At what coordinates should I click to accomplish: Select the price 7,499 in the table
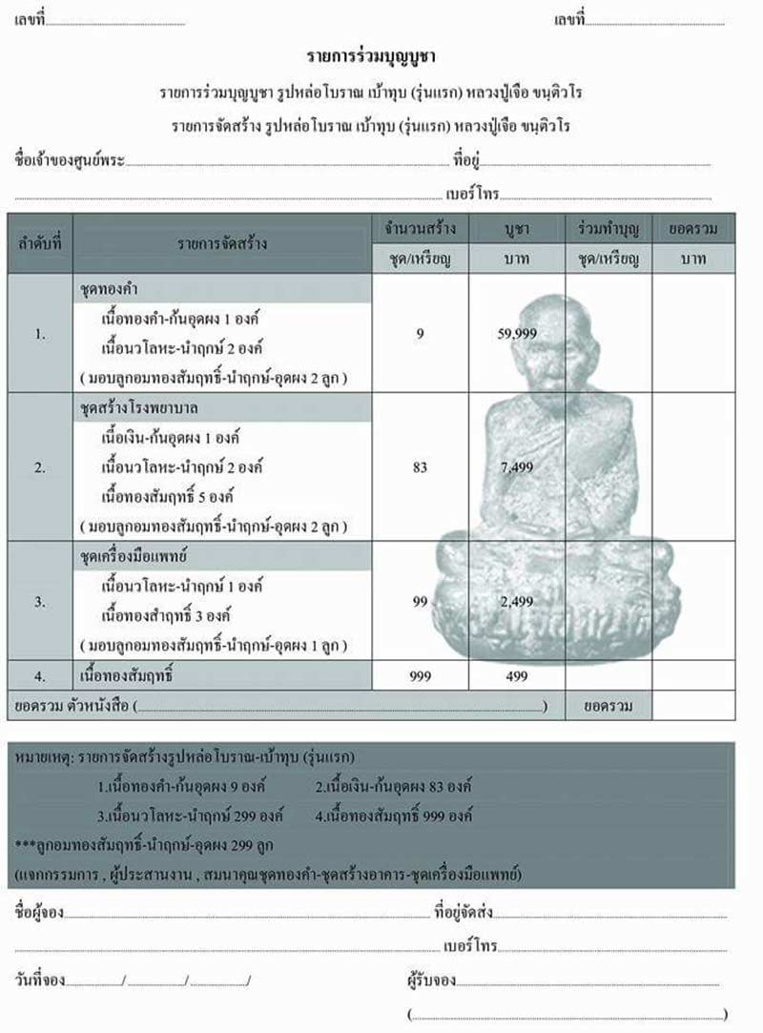point(517,467)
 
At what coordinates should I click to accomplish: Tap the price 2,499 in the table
point(517,601)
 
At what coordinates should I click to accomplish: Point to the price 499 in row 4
point(516,676)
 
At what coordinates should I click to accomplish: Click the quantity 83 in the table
point(421,467)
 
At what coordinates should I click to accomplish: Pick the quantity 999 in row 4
point(421,676)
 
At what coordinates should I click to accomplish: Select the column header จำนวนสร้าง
point(421,229)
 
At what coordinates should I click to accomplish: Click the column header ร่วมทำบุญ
point(608,229)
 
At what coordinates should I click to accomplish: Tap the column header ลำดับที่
point(40,243)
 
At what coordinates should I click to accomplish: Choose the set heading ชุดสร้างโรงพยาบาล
point(138,408)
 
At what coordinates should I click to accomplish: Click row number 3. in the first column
point(40,601)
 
